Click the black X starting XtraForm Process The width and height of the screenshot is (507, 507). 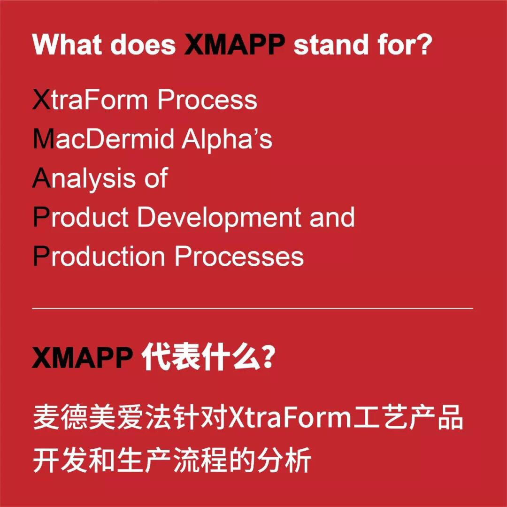[41, 100]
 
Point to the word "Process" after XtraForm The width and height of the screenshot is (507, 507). [207, 100]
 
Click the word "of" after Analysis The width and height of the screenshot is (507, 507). [155, 179]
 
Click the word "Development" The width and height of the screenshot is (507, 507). [219, 217]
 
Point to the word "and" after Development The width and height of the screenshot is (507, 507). [332, 217]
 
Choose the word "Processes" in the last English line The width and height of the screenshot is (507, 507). [239, 257]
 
